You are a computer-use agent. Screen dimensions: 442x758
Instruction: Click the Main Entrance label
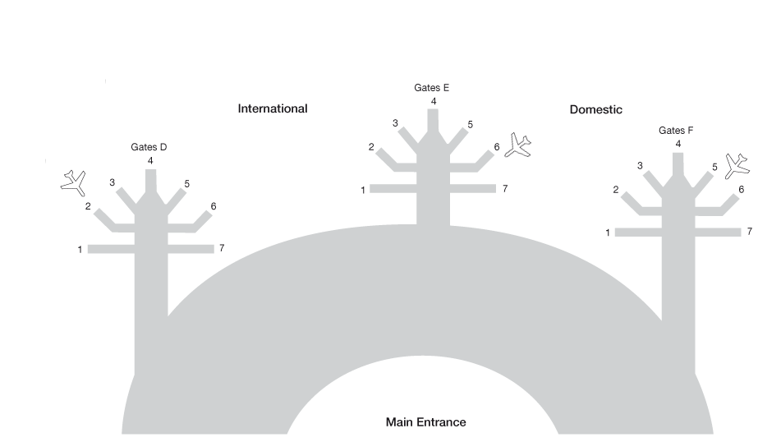425,422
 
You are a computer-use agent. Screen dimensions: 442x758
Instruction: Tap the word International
273,108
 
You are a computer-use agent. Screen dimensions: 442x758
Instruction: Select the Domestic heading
595,109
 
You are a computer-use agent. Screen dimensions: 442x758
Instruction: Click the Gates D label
149,147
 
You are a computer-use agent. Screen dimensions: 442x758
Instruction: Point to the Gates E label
432,87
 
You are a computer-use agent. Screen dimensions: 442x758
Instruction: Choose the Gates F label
676,131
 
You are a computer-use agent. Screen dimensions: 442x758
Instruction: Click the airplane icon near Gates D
74,182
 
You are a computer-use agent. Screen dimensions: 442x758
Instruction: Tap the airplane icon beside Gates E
517,145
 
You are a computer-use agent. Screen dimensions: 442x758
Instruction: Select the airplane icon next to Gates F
737,164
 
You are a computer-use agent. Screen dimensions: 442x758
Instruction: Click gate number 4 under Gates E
433,101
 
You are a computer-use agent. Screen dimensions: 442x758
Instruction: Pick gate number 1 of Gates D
80,250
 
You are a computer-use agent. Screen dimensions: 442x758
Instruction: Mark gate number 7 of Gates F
749,232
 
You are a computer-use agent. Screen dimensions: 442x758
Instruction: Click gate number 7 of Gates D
222,247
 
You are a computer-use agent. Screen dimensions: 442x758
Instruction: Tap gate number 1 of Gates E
362,191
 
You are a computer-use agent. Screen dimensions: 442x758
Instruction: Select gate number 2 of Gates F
615,190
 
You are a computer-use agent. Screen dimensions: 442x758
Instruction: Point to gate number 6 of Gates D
213,206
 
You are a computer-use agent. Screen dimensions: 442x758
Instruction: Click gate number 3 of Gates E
395,123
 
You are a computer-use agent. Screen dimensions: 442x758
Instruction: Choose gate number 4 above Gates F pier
678,144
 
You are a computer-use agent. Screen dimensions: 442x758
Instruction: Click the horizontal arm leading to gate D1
111,249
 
